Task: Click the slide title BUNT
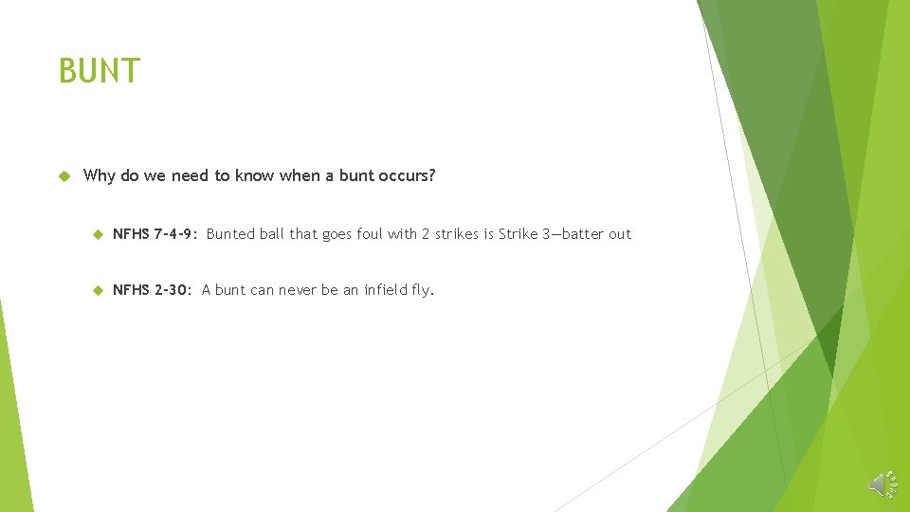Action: [99, 71]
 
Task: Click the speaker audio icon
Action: [882, 484]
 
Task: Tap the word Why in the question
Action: [99, 175]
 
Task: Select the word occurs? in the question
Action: [406, 175]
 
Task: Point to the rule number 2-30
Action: [174, 290]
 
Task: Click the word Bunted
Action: [230, 234]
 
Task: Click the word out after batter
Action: [620, 234]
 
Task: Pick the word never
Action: [300, 290]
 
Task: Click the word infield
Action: [387, 290]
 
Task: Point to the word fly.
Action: [423, 290]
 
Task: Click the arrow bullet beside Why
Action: [64, 175]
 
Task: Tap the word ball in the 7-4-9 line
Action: [272, 234]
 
